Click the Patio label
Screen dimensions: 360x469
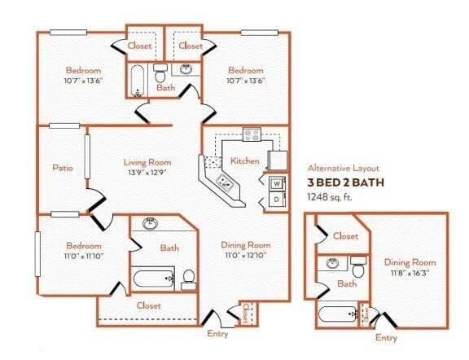point(63,169)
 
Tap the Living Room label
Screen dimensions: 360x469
point(147,161)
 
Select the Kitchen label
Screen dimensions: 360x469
point(245,160)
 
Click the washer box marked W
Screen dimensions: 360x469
point(277,183)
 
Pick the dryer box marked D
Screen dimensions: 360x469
point(277,199)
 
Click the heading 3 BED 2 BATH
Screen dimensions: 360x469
point(344,182)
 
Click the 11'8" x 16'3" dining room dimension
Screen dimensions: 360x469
point(410,274)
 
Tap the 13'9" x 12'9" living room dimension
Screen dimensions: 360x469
point(147,173)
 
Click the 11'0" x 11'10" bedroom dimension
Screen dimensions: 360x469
point(84,257)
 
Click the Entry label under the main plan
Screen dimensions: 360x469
point(218,334)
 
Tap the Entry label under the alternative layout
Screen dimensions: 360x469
point(386,337)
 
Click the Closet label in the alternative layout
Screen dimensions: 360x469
point(346,236)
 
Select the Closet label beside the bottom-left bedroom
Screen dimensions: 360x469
point(148,306)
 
